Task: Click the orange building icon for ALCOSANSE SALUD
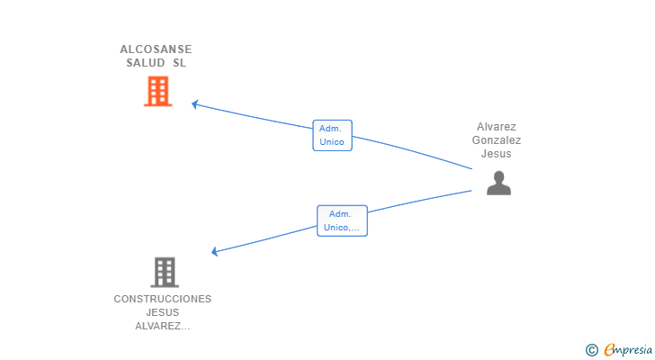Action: point(157,91)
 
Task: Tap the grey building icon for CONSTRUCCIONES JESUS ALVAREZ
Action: point(164,272)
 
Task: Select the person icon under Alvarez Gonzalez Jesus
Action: point(498,183)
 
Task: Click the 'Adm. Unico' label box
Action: point(332,135)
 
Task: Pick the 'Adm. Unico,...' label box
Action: point(342,220)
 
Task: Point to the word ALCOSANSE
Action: point(156,49)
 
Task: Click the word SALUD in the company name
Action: point(146,63)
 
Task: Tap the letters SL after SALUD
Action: point(179,63)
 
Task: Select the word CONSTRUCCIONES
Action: point(163,299)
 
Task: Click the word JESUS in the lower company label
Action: point(163,312)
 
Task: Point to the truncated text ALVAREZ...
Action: point(163,326)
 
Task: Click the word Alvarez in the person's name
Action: point(497,127)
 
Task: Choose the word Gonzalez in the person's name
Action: point(497,140)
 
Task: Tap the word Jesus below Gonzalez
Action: point(497,154)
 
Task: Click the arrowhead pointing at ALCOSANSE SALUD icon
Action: point(194,104)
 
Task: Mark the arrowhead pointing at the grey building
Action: point(214,252)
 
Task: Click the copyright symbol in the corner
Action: point(591,350)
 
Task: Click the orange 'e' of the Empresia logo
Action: point(609,350)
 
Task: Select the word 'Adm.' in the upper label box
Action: point(330,129)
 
